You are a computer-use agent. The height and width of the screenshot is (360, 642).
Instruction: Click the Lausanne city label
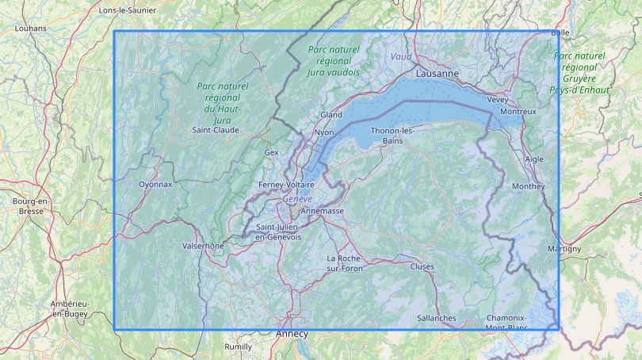tap(437, 73)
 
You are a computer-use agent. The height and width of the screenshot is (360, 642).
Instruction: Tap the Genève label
tap(298, 198)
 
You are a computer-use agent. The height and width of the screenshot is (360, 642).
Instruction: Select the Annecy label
tap(291, 334)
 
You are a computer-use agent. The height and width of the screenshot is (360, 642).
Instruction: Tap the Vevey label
tap(498, 100)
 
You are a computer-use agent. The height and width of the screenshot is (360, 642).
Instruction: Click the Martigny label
tap(564, 249)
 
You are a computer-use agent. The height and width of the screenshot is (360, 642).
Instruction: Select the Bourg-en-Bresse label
tap(31, 206)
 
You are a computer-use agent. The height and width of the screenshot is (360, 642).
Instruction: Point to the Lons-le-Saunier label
tap(128, 10)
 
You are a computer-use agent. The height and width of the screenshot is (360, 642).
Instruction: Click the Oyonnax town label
tap(155, 184)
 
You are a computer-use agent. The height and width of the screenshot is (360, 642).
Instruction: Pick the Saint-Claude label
tap(216, 129)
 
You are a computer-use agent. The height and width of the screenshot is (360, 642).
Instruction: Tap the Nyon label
tap(324, 132)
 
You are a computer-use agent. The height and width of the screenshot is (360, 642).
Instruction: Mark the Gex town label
tap(272, 151)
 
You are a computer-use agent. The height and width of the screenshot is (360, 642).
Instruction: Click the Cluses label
tap(422, 266)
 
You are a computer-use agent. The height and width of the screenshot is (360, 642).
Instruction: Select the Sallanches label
tap(436, 318)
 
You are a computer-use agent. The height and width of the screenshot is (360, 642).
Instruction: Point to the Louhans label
tap(31, 29)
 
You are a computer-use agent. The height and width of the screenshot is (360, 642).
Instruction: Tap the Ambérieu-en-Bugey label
tap(69, 309)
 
